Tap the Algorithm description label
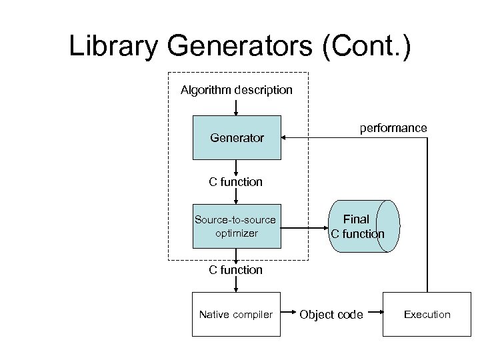coord(236,89)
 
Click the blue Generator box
coord(237,138)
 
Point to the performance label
coord(393,127)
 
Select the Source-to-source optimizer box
coord(237,226)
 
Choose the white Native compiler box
coord(236,314)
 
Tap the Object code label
coord(331,315)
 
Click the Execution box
coord(427,314)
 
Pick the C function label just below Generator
coord(236,181)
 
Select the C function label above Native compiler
coord(236,269)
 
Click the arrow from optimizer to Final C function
coord(303,226)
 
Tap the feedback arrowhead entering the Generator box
coord(285,138)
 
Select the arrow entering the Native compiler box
coord(236,285)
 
